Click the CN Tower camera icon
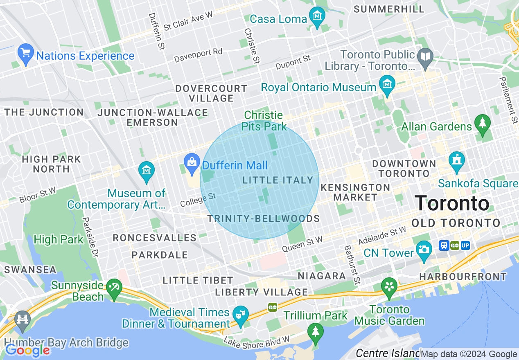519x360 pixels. (424, 249)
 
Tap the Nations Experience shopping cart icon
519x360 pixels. (26, 53)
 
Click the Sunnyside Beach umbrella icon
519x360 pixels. (113, 288)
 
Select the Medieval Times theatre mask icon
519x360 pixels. (241, 315)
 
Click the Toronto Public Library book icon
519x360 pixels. (425, 56)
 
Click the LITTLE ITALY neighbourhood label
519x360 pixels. (278, 180)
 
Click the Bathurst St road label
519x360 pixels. (352, 264)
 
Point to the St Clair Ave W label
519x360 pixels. (188, 21)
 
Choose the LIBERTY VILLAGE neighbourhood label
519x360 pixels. (261, 292)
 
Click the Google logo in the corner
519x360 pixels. (27, 350)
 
